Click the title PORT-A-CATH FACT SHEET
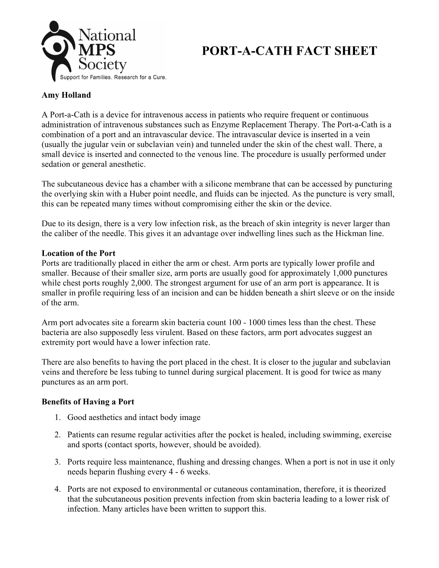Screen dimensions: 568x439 pyautogui.click(x=289, y=51)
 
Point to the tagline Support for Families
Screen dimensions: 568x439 pyautogui.click(x=86, y=77)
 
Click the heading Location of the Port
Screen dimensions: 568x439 pyautogui.click(x=78, y=253)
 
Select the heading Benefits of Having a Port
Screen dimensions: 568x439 pyautogui.click(x=88, y=402)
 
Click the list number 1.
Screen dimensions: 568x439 pyautogui.click(x=57, y=417)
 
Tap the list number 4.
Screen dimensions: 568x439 pyautogui.click(x=57, y=489)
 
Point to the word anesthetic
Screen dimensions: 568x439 pyautogui.click(x=126, y=164)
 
